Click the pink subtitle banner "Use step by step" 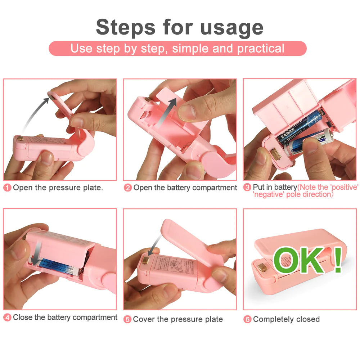click(177, 49)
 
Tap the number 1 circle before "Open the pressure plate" click(8, 188)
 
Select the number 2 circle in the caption click(128, 188)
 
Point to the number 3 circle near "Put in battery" click(247, 187)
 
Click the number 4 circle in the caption click(8, 318)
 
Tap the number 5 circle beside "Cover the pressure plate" click(127, 319)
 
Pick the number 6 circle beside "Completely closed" click(247, 319)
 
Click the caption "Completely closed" click(286, 319)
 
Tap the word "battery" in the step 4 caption click(60, 318)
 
